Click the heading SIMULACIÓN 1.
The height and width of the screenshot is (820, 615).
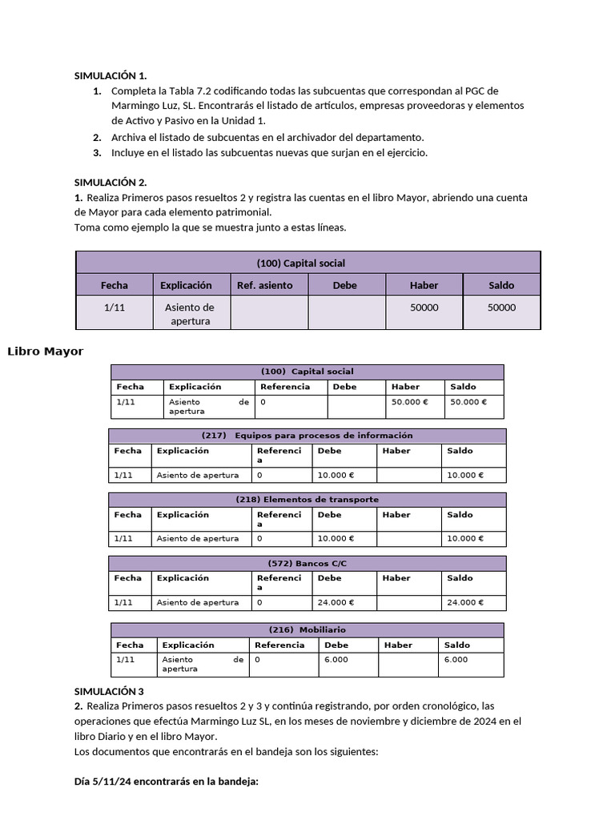(110, 75)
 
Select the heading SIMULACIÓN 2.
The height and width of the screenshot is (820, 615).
(110, 182)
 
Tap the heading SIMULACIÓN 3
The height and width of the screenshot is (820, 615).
(108, 690)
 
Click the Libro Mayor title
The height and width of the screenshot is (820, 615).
(45, 351)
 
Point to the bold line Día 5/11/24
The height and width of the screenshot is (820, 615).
(166, 782)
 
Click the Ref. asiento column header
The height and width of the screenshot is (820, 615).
(265, 285)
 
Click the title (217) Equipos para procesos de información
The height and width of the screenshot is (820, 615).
(307, 436)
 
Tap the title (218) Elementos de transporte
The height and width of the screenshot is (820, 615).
(307, 500)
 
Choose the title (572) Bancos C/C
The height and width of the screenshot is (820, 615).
(307, 564)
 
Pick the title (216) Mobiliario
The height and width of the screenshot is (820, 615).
(307, 630)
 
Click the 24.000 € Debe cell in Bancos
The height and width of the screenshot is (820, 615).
(336, 602)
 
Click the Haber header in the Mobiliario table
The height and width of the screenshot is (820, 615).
(398, 645)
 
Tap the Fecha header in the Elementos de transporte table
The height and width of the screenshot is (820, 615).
(127, 515)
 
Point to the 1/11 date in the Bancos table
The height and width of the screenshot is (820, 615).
(123, 602)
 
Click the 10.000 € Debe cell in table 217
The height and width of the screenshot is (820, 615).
(336, 475)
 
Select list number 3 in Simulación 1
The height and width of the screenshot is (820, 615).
(97, 152)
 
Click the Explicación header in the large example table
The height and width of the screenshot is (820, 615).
(186, 285)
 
